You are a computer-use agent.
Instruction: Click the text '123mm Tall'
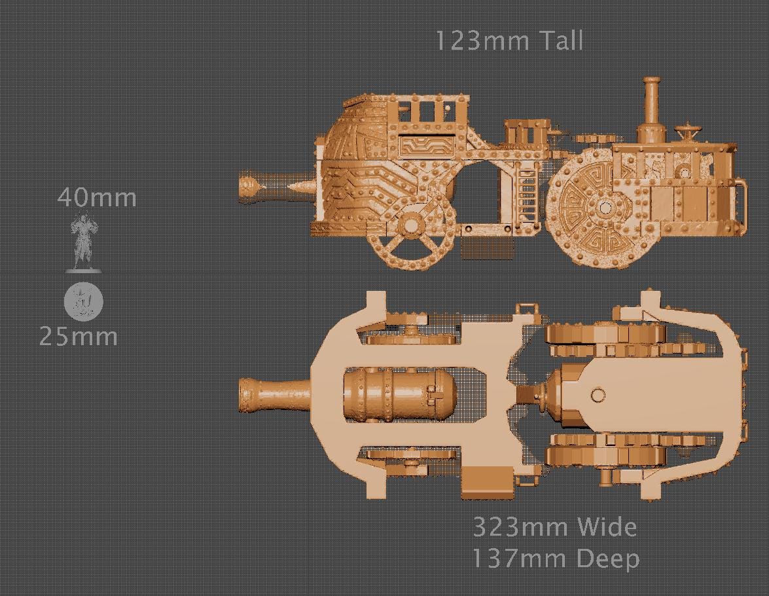(x=509, y=41)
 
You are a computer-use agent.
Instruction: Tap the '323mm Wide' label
(x=554, y=527)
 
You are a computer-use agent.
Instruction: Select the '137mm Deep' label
(x=554, y=559)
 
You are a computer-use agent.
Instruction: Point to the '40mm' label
(x=97, y=197)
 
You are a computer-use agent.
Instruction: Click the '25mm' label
(x=79, y=337)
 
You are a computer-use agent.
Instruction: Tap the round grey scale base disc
(x=84, y=302)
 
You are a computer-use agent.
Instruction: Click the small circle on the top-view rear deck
(x=598, y=396)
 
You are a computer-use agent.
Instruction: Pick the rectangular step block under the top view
(x=486, y=483)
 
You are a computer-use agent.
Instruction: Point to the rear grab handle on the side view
(x=741, y=204)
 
